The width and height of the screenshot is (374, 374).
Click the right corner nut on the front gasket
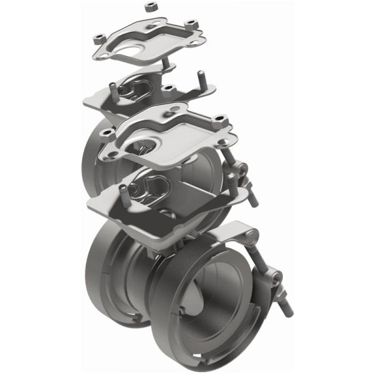point(219,118)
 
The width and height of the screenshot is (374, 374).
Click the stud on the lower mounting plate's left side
point(123,194)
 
